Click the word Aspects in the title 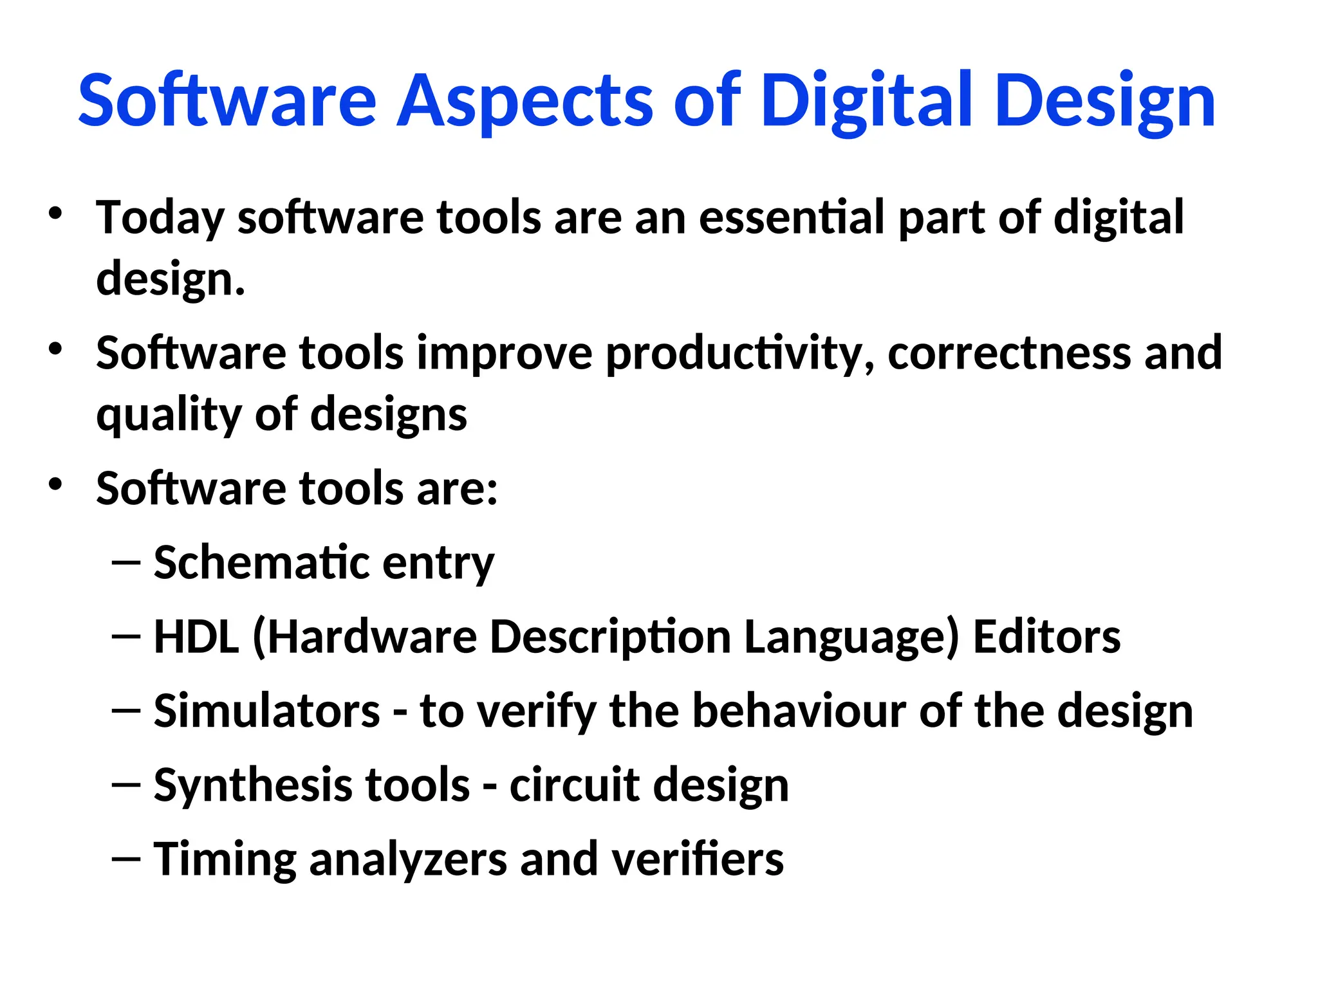(528, 102)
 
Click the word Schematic (261, 563)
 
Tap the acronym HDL (196, 637)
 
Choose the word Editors (1046, 637)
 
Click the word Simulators (267, 711)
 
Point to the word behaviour (799, 711)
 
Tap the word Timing (225, 859)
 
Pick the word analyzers (408, 859)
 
